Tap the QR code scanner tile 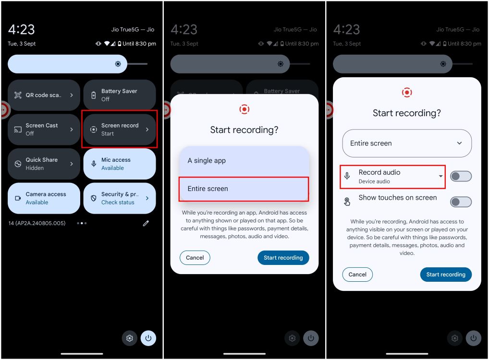pyautogui.click(x=44, y=95)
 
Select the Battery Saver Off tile pyautogui.click(x=120, y=95)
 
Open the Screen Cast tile pyautogui.click(x=44, y=130)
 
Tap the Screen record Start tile pyautogui.click(x=120, y=130)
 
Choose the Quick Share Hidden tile pyautogui.click(x=44, y=164)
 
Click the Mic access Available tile pyautogui.click(x=120, y=164)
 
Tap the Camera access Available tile pyautogui.click(x=44, y=198)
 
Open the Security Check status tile pyautogui.click(x=120, y=198)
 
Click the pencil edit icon pyautogui.click(x=146, y=223)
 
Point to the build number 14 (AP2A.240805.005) pyautogui.click(x=37, y=223)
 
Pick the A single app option pyautogui.click(x=244, y=161)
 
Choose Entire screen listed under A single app pyautogui.click(x=244, y=189)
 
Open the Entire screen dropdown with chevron pyautogui.click(x=407, y=143)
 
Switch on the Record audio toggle pyautogui.click(x=461, y=176)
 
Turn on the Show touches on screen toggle pyautogui.click(x=461, y=202)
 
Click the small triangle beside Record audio pyautogui.click(x=440, y=176)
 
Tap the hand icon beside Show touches pyautogui.click(x=347, y=202)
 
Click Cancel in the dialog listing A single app pyautogui.click(x=195, y=258)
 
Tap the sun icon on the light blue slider pyautogui.click(x=118, y=64)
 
